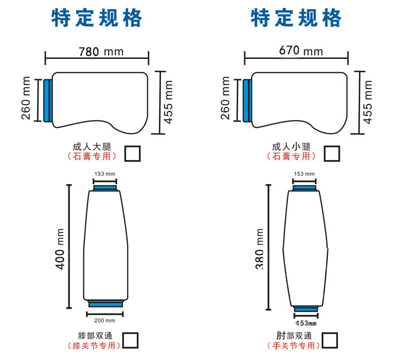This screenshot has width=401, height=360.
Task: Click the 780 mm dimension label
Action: (101, 52)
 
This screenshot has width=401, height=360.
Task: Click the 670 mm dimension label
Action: (300, 50)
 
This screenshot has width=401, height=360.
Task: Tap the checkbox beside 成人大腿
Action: (133, 154)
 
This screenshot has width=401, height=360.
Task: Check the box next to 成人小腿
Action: (332, 154)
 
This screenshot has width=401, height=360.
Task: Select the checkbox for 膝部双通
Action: (130, 340)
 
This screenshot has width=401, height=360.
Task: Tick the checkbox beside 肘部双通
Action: (330, 340)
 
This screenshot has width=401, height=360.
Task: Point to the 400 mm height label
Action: (60, 249)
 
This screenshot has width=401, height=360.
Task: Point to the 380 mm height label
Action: (259, 249)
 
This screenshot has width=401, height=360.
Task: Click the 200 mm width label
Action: (105, 320)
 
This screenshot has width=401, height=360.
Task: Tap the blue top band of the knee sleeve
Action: (105, 188)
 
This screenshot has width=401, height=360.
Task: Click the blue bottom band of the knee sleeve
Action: (106, 304)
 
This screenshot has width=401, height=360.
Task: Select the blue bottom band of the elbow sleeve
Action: (306, 309)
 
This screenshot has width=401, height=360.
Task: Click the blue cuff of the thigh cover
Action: (48, 101)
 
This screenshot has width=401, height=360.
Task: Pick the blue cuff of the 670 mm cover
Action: (248, 101)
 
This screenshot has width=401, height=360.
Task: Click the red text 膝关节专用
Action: (94, 346)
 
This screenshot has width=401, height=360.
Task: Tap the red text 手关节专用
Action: (294, 346)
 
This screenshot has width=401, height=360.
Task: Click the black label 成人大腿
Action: (92, 147)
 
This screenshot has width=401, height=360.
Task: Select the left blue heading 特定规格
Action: (97, 18)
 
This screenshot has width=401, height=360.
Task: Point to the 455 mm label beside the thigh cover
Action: (168, 102)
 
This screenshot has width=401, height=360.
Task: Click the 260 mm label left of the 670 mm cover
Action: (225, 98)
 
